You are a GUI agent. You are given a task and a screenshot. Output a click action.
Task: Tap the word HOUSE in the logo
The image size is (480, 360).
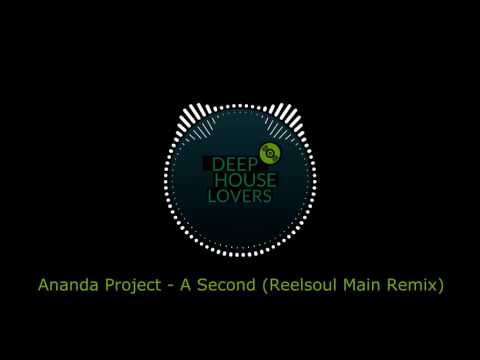[x=240, y=180]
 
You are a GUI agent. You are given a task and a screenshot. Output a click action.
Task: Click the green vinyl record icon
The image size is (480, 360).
[x=268, y=153]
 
